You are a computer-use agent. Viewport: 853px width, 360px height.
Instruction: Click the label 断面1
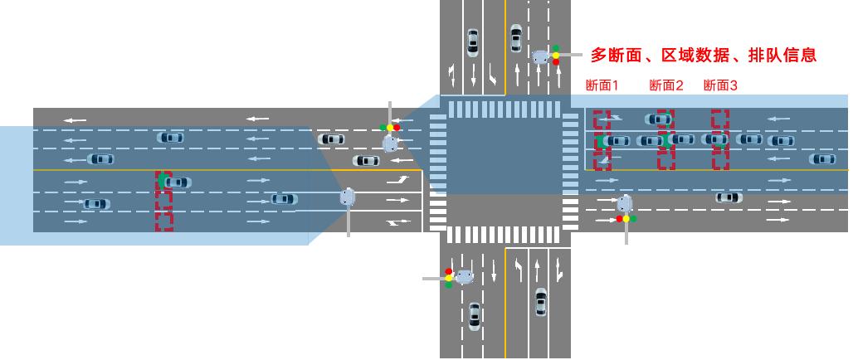pos(602,85)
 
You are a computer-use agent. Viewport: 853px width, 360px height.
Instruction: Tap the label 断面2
pos(665,85)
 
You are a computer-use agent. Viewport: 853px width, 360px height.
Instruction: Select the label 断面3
pos(720,85)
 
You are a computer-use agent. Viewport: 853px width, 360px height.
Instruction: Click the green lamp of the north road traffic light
pos(556,49)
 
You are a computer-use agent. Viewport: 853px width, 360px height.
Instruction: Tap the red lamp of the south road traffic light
pos(448,271)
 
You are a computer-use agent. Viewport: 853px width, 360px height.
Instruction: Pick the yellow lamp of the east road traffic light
pos(626,219)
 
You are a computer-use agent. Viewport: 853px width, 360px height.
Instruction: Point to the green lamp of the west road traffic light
pos(383,128)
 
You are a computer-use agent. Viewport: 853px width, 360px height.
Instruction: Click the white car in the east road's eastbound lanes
pos(729,197)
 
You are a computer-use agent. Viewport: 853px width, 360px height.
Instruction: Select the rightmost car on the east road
pos(822,158)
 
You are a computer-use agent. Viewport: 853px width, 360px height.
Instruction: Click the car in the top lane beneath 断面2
pos(660,119)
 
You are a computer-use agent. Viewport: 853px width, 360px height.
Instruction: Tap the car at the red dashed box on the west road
pos(175,182)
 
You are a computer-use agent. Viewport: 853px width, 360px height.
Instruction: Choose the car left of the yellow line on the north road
pos(473,41)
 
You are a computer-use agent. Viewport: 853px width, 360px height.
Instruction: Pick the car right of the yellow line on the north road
pos(516,38)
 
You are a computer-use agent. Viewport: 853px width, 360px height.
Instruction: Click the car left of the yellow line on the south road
pos(474,315)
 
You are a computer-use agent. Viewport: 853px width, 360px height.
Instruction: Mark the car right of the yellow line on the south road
pos(541,301)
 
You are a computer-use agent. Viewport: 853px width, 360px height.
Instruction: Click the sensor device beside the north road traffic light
pos(540,56)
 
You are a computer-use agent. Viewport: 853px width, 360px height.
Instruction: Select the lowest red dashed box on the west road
pos(164,221)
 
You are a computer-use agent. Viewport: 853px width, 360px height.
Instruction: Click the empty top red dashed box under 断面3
pos(720,119)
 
